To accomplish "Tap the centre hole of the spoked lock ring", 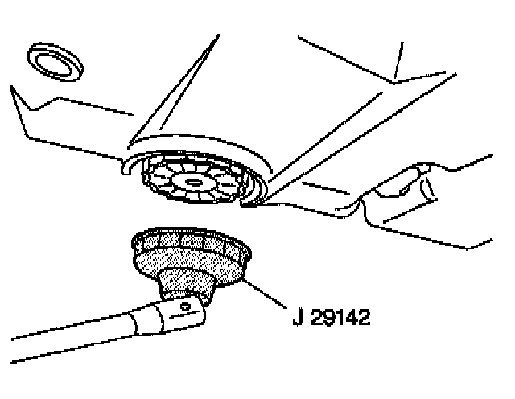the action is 193,183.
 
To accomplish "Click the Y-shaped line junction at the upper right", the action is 396,80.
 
